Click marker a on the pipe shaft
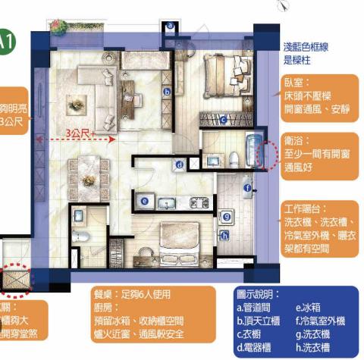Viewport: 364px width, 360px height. point(171,25)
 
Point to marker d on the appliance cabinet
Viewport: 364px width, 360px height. point(179,164)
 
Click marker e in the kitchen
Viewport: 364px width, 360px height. point(144,200)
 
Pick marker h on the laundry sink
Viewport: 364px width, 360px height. point(224,236)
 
